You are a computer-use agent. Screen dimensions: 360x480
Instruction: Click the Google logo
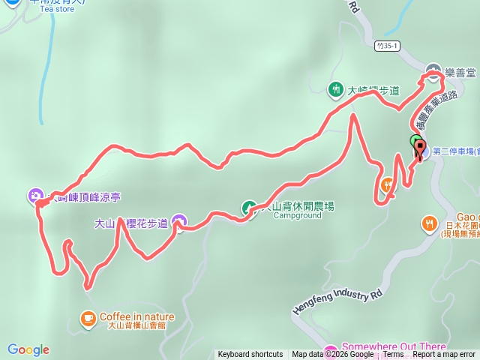coord(28,349)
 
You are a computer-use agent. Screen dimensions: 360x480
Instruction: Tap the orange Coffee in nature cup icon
coord(88,316)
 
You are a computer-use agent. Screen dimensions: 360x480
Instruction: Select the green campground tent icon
coord(248,208)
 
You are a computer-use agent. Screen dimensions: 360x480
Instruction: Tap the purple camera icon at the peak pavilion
coord(35,196)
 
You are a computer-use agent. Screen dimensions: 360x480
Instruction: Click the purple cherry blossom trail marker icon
coord(178,220)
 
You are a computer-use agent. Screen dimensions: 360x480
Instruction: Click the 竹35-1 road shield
coord(388,46)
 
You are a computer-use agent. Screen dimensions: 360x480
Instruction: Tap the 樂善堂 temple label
coord(460,73)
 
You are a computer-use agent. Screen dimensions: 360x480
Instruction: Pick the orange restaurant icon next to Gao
coord(429,223)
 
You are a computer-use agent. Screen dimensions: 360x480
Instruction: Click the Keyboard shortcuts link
coord(250,355)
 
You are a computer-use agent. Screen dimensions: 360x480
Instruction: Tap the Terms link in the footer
coord(393,355)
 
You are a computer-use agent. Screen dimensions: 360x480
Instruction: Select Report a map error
coord(444,355)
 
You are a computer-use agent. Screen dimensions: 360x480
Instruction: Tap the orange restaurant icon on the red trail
coord(388,184)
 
